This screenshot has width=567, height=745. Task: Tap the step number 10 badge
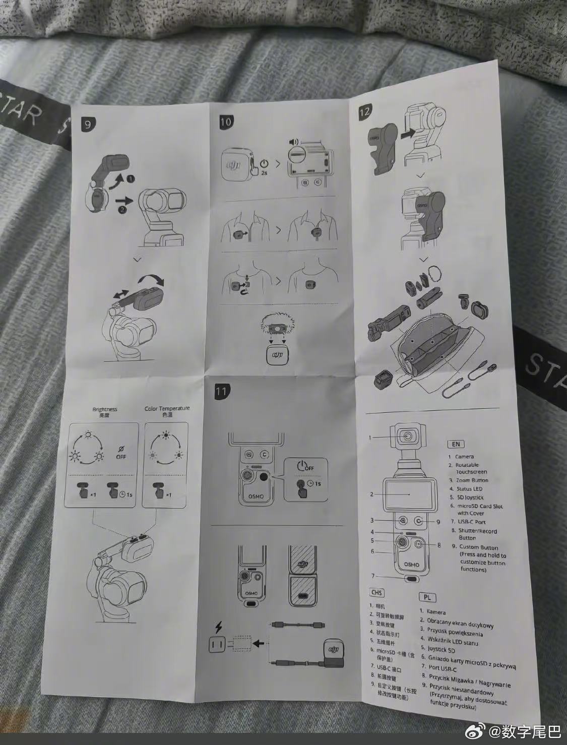(x=226, y=121)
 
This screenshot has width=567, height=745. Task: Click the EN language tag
(x=455, y=444)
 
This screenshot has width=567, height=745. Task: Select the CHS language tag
(x=376, y=593)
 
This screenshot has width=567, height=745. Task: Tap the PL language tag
(x=426, y=597)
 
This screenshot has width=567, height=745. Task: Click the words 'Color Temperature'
(x=167, y=408)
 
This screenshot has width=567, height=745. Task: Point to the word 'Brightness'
(x=104, y=409)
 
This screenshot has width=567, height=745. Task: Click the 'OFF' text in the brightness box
(x=121, y=457)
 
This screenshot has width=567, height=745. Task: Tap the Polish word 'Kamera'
(x=436, y=612)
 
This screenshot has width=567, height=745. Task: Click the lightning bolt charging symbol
(x=218, y=628)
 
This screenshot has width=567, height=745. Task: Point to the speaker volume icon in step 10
(x=292, y=142)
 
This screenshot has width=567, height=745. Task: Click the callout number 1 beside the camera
(x=370, y=438)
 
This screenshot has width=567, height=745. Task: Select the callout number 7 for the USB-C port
(x=373, y=576)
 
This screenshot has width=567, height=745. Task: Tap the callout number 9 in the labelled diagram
(x=438, y=522)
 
